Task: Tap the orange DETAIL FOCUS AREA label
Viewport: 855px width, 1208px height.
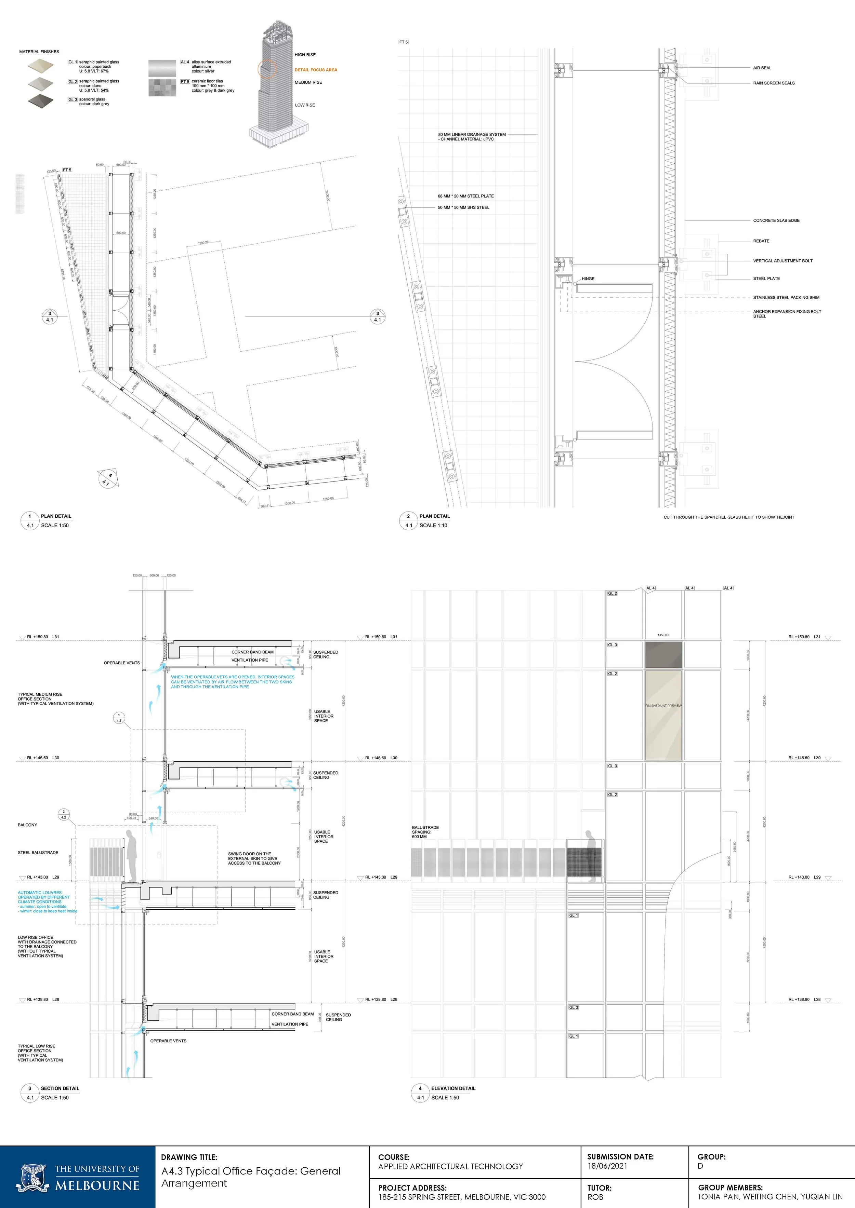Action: (x=316, y=70)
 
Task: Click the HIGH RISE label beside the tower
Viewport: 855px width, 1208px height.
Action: (x=305, y=55)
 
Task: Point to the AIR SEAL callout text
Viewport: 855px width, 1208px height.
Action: (x=762, y=68)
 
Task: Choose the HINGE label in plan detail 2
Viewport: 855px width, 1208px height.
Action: (x=588, y=279)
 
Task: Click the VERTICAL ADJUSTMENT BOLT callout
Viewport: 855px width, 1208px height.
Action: (x=782, y=261)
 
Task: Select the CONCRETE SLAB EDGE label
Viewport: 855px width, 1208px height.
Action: (x=776, y=220)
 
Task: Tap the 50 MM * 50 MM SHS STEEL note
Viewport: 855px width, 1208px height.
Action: (x=463, y=207)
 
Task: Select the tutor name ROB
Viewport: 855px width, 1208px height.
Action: (x=595, y=1197)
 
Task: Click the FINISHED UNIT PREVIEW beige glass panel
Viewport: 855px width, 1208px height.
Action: (x=663, y=715)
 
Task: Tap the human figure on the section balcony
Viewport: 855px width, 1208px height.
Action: (x=132, y=855)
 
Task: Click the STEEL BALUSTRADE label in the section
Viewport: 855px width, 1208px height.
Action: (x=38, y=852)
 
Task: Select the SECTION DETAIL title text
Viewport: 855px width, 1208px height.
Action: (x=60, y=1088)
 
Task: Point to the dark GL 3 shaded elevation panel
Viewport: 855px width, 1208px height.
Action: (x=663, y=654)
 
